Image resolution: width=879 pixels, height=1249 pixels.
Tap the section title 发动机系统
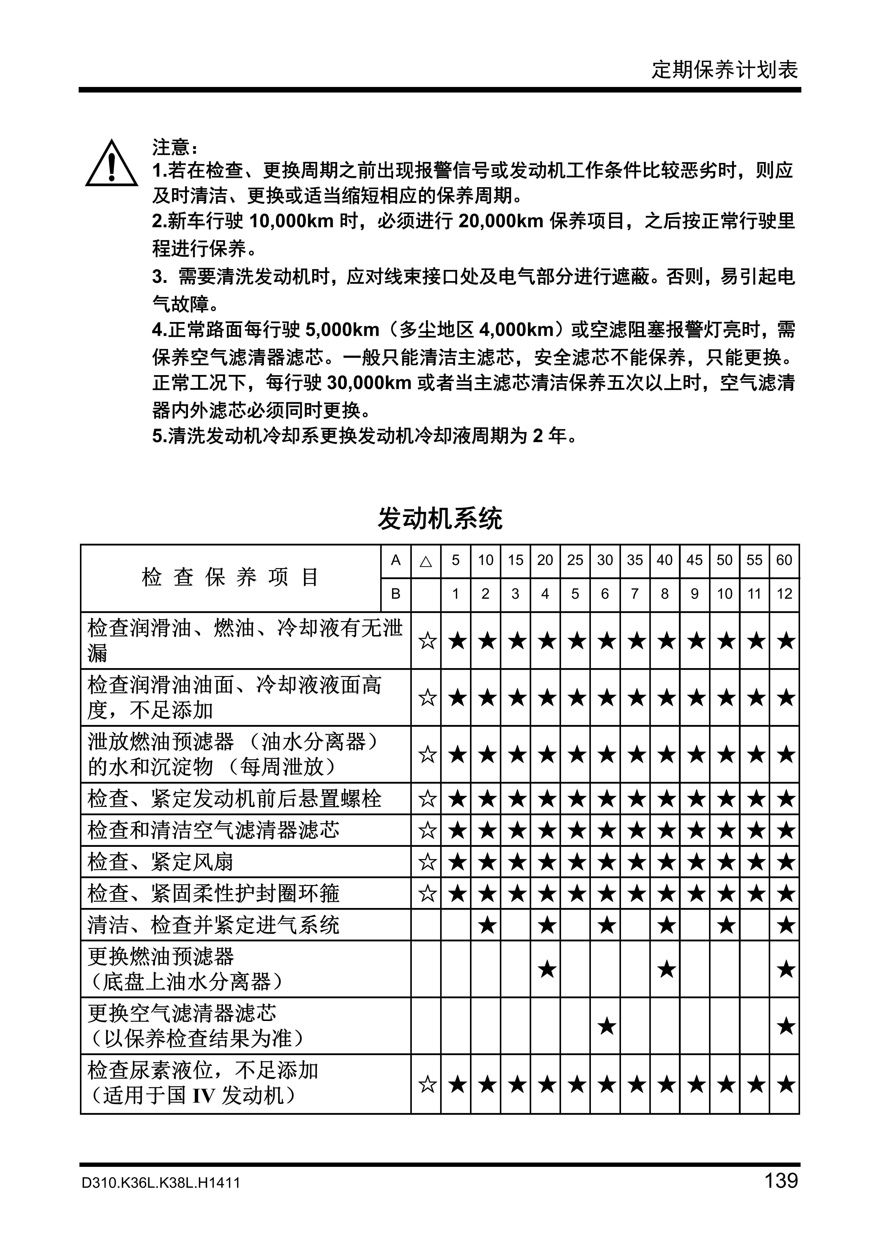point(440,518)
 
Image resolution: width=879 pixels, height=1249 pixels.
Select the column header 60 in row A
point(784,560)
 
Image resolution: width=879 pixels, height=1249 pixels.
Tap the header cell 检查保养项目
point(230,577)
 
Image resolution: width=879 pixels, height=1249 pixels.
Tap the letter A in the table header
point(396,560)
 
